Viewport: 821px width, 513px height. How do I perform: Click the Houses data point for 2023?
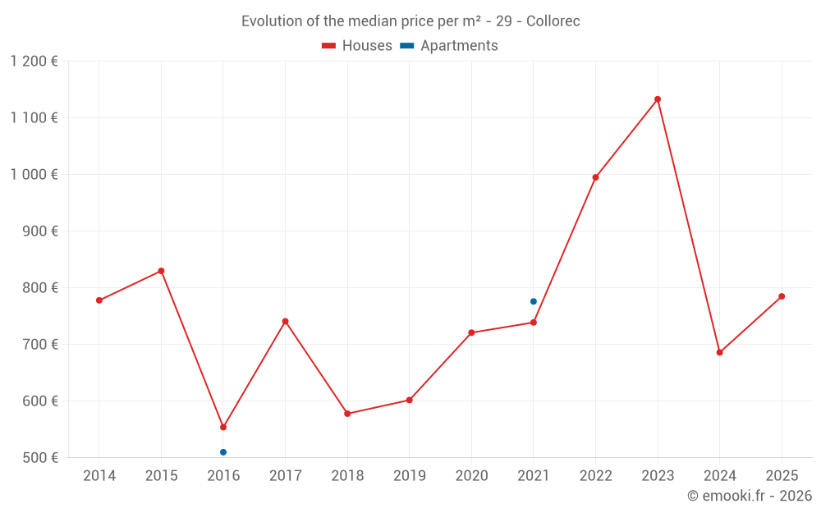point(658,99)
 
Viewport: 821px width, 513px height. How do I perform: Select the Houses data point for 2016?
point(223,427)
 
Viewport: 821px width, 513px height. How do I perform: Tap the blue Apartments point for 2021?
point(534,301)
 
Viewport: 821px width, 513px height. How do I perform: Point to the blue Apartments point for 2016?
point(223,452)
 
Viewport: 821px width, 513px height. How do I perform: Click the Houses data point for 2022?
point(595,177)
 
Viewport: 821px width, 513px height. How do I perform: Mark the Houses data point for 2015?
point(161,271)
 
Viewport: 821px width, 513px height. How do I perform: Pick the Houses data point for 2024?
point(719,352)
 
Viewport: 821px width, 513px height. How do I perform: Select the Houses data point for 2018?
point(347,414)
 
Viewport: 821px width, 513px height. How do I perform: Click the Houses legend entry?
point(357,46)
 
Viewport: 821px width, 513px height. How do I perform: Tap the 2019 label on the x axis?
point(409,476)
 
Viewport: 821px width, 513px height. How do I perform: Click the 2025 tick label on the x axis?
point(782,476)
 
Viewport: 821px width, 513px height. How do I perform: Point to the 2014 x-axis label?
point(99,476)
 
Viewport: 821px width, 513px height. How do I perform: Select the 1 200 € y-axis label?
point(34,62)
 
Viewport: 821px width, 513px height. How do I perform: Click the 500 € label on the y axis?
point(40,458)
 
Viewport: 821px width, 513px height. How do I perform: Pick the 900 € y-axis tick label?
point(40,231)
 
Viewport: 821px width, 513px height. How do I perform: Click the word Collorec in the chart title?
point(553,21)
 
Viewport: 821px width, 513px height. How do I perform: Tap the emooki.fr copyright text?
point(750,496)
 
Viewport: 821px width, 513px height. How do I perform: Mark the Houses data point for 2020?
point(471,332)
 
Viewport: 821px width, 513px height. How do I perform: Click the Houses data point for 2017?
point(285,321)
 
